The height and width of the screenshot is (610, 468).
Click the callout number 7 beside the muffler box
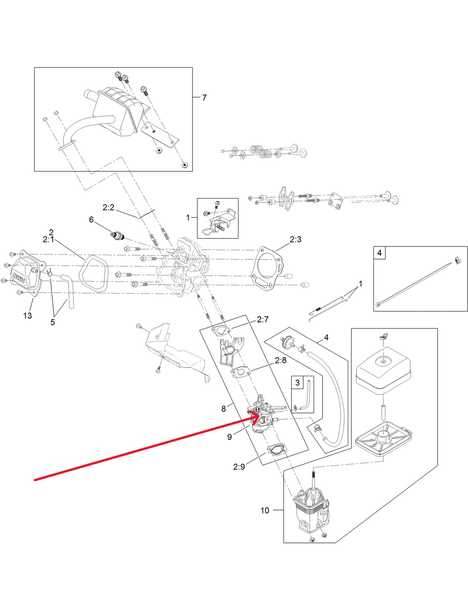[204, 98]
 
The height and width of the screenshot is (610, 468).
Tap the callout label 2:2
[108, 207]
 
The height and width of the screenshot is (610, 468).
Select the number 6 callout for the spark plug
[91, 220]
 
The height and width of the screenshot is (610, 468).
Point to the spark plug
[118, 235]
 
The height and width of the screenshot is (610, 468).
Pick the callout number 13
[27, 316]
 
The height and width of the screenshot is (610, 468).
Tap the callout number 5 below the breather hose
[53, 322]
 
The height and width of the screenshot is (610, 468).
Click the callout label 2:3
[296, 239]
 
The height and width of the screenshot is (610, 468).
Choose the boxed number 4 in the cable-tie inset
[379, 253]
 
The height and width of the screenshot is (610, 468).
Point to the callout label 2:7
[263, 319]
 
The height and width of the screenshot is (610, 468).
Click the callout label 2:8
[281, 360]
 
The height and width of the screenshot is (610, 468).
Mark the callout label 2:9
[239, 467]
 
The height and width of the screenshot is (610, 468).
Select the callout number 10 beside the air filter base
[265, 510]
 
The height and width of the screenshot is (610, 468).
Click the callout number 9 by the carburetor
[230, 437]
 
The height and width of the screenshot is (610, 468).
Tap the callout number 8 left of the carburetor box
[223, 409]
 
